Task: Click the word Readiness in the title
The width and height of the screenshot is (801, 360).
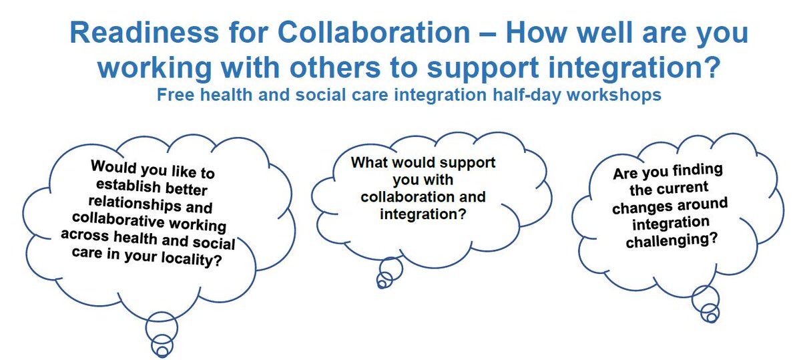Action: tap(144, 32)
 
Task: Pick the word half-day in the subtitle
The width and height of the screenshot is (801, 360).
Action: tap(527, 96)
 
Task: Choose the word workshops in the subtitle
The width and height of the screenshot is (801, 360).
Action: tap(614, 96)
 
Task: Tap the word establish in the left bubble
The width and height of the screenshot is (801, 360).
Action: tap(128, 186)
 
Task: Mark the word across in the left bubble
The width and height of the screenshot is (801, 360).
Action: tap(85, 235)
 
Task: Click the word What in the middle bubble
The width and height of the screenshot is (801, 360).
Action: tap(368, 162)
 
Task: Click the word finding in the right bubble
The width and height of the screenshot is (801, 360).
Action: tap(698, 170)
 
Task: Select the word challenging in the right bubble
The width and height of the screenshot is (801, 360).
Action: tap(672, 240)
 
